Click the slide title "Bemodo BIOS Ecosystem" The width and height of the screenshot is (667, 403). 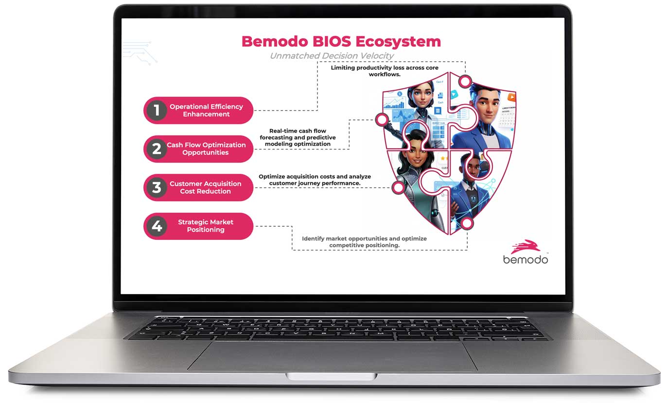pos(341,41)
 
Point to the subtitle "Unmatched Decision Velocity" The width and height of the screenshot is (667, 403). pos(332,56)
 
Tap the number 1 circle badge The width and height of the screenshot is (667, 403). pos(156,110)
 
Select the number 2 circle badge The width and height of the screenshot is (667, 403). pos(156,149)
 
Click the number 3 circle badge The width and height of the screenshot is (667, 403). pos(156,187)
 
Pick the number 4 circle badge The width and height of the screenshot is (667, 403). pos(156,226)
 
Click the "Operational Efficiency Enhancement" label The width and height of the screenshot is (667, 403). pos(206,110)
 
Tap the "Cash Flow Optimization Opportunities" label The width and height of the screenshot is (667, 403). pos(206,149)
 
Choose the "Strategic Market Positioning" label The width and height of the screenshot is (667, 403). pos(206,226)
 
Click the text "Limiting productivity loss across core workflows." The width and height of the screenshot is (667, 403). pos(384,71)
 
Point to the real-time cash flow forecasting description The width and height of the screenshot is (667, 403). pos(298,137)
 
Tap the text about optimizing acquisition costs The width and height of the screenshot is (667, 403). pos(315,180)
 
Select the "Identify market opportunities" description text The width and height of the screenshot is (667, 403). pos(364,242)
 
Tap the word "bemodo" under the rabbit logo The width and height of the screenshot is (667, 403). pos(526,259)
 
